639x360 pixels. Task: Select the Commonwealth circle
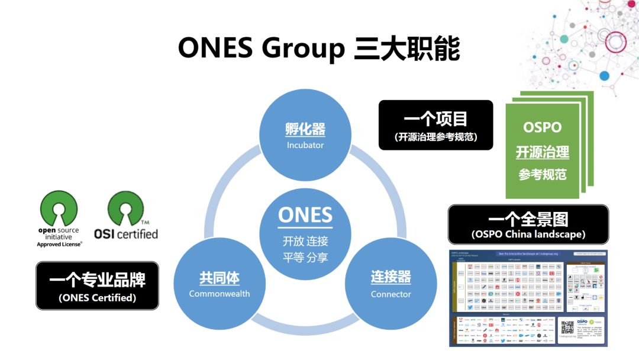click(220, 284)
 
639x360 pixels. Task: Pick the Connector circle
click(390, 284)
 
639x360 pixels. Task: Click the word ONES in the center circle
click(305, 214)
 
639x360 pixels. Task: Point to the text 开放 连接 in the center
click(305, 242)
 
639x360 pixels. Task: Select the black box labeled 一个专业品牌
click(98, 285)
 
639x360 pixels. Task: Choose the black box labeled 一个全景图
click(528, 224)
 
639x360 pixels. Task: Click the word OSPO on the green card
click(543, 127)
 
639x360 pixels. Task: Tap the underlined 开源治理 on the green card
click(543, 152)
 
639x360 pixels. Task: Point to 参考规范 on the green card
click(543, 175)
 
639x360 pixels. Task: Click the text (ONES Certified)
click(98, 298)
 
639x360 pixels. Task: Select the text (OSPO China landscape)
click(528, 234)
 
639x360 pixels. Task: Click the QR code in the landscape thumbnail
click(567, 327)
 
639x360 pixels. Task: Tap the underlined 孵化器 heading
click(305, 130)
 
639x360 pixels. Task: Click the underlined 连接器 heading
click(390, 277)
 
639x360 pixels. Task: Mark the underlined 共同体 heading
click(220, 278)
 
